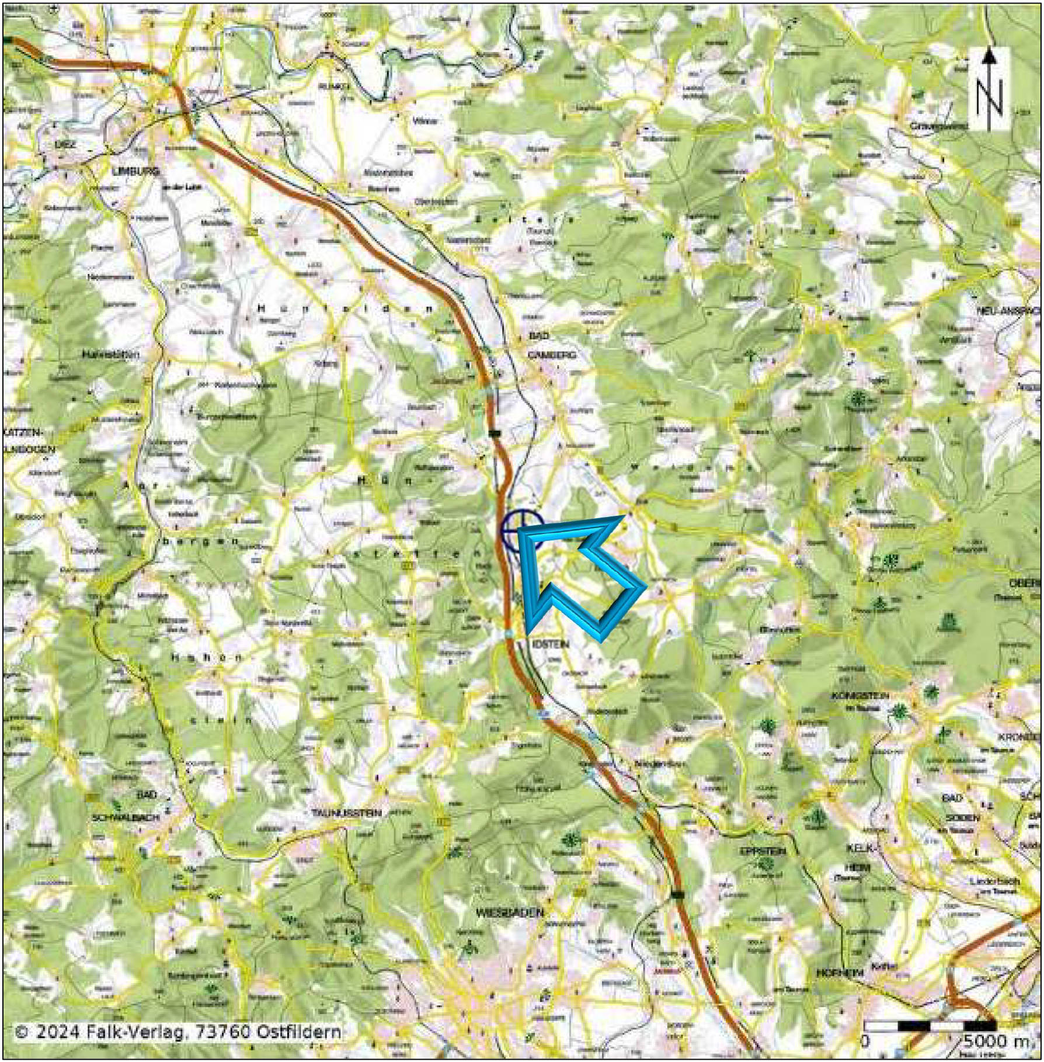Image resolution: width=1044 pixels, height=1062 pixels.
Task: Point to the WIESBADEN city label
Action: (x=509, y=912)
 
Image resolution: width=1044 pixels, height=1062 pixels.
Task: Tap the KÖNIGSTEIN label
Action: (x=860, y=696)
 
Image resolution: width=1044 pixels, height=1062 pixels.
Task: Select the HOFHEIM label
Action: (x=840, y=973)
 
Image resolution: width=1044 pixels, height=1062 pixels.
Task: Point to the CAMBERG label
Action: (x=551, y=355)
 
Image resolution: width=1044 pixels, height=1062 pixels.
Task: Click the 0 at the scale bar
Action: (x=865, y=1041)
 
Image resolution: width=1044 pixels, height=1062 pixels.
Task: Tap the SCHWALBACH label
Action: (x=126, y=818)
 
